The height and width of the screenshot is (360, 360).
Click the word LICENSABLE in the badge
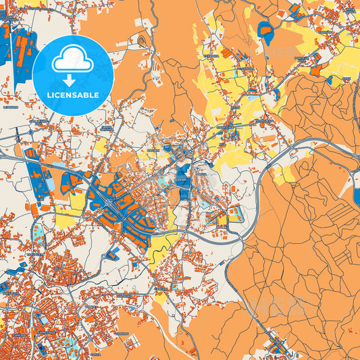[72, 95]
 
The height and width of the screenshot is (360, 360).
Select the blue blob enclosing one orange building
[265, 29]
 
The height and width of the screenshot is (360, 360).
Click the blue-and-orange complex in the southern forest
[276, 346]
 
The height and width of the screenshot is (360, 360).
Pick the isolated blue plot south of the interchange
[113, 253]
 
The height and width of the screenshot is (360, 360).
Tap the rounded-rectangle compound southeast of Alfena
[234, 215]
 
